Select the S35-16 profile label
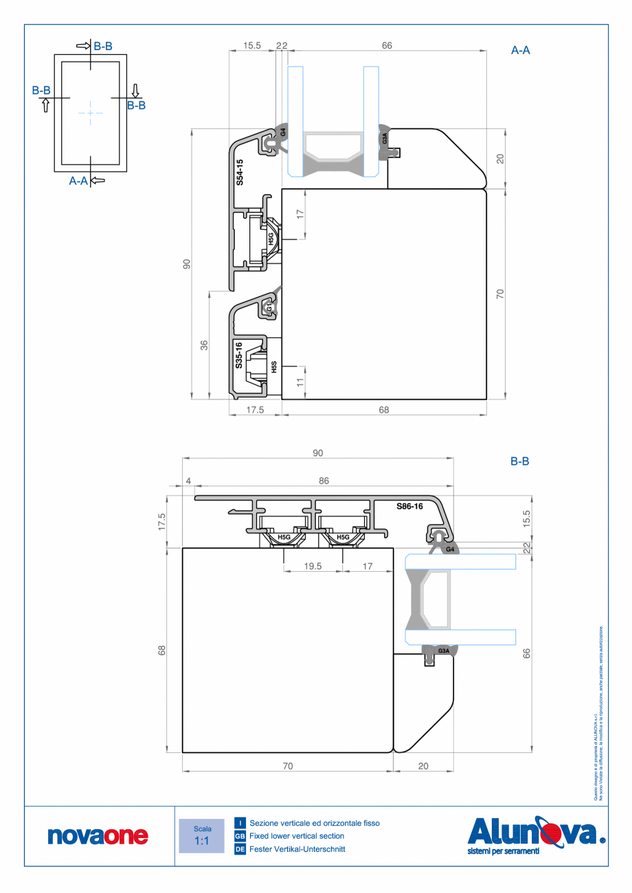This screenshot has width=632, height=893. pos(238,356)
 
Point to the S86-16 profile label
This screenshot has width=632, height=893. pos(409,506)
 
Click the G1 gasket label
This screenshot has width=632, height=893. pos(269,308)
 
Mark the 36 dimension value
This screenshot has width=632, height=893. pos(204,345)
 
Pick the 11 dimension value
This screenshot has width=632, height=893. pos(300,382)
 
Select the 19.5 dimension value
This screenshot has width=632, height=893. pos(313,566)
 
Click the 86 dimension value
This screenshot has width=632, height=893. pos(324,482)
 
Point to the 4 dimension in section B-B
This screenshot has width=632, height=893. pos(188,482)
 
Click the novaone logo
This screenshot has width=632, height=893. pos(98,835)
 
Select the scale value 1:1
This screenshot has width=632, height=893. pos(202,841)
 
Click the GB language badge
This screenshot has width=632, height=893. pos(240,836)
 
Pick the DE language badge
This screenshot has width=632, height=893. pos(240,850)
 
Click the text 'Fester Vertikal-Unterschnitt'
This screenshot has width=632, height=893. pos(297,850)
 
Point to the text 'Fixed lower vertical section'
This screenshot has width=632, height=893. pos(297,836)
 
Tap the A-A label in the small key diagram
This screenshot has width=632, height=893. pos(79,181)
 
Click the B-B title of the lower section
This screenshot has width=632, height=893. pos(519,462)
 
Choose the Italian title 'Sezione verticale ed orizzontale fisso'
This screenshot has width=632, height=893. pos(314,823)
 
